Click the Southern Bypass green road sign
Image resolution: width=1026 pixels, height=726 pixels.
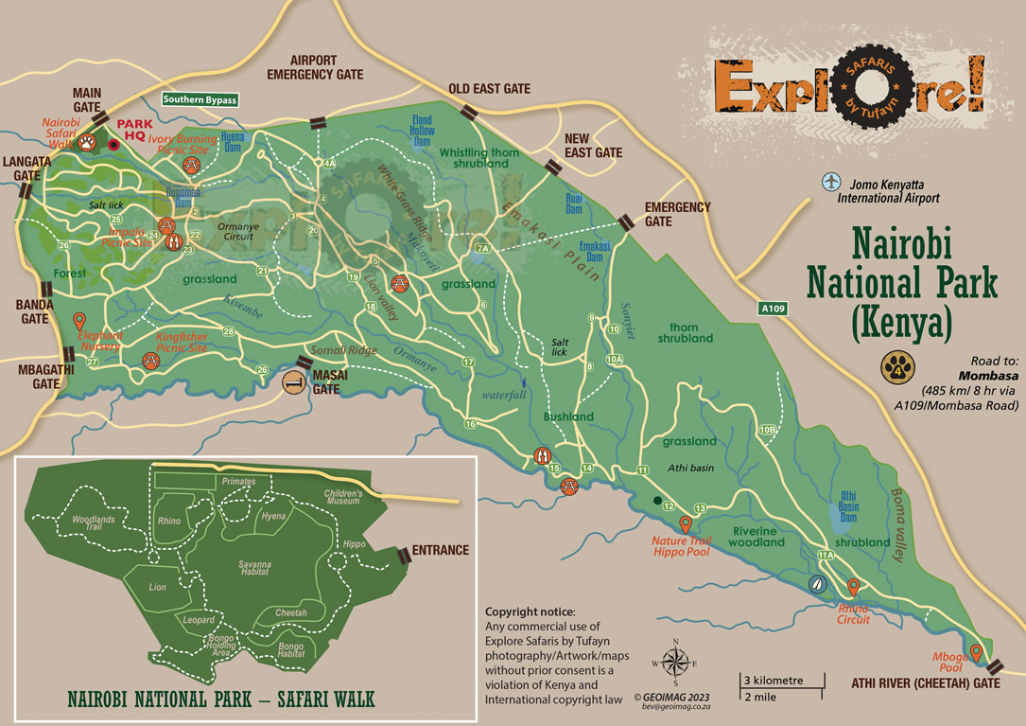click(200, 98)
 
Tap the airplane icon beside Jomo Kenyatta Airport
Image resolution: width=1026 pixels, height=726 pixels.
click(830, 181)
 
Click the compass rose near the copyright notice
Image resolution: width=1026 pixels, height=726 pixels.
click(675, 663)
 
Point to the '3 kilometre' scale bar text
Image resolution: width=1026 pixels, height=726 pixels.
click(774, 681)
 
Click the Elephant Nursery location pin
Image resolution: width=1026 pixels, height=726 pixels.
click(79, 322)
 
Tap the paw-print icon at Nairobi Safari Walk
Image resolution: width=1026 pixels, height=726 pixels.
click(88, 143)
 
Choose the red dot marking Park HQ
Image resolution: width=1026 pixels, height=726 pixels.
click(114, 145)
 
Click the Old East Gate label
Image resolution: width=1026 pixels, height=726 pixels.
click(489, 88)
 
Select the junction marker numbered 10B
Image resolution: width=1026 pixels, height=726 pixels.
click(768, 430)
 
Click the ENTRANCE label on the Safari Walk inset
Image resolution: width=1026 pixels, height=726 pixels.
click(440, 550)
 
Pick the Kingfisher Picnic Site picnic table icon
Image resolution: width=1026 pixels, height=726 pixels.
click(149, 360)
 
